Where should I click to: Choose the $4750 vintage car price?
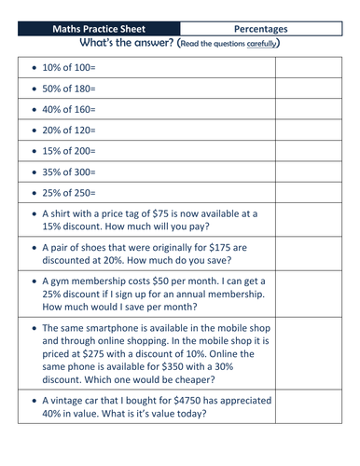click(x=204, y=428)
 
